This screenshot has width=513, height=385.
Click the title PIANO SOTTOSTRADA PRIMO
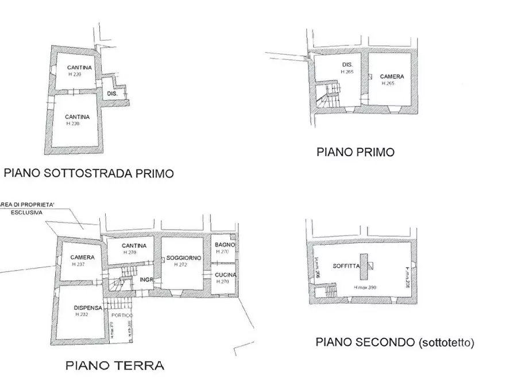(89, 173)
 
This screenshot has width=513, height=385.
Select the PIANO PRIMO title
(356, 152)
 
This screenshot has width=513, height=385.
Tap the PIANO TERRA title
(114, 365)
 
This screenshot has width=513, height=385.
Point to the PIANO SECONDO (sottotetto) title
(395, 343)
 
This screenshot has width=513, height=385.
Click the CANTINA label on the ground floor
(134, 246)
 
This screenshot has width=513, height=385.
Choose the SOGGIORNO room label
(183, 259)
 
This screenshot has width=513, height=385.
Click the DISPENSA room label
(87, 308)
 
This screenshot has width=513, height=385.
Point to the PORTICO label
(121, 316)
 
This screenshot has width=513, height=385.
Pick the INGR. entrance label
(145, 280)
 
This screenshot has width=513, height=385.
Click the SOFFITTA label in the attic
(346, 266)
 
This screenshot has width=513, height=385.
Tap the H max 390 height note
(364, 287)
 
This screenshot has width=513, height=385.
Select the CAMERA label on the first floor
(392, 76)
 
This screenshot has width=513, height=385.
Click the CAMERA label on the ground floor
(82, 257)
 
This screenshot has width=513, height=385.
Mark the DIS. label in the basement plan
(113, 94)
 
